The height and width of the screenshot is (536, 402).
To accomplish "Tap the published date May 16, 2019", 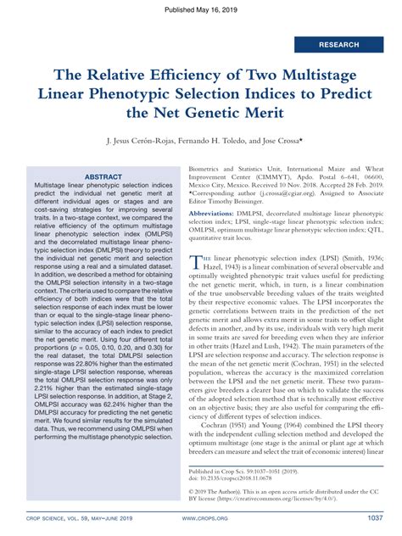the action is [201, 7].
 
